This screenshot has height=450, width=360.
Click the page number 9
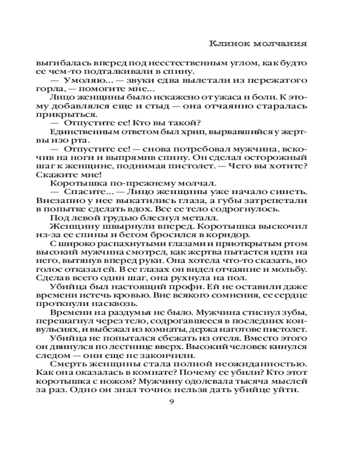(x=171, y=401)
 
